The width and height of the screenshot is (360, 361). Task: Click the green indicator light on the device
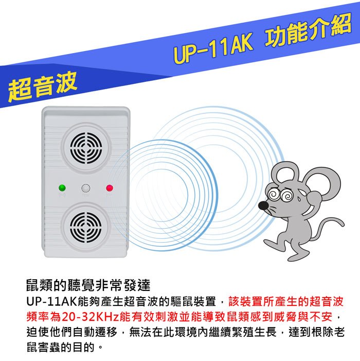point(62,188)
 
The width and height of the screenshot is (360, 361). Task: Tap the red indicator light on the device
point(110,188)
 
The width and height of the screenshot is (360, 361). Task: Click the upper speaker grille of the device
point(86,148)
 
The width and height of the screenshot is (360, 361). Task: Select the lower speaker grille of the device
point(86,228)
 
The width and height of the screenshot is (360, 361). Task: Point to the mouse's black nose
point(263,205)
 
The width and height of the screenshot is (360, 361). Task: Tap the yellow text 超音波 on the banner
point(43,87)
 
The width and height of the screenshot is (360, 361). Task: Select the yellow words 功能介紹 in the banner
point(309,29)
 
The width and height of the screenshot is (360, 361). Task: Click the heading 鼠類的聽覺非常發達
point(88,285)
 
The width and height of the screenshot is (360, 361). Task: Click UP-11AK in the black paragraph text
point(52,301)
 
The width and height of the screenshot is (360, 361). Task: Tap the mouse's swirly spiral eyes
point(280,195)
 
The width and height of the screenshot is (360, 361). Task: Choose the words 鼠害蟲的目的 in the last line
point(60,347)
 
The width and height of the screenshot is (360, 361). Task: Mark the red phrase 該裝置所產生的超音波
point(286,301)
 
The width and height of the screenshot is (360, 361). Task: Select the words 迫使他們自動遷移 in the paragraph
point(71,332)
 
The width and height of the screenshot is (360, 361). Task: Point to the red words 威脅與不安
point(303,317)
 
